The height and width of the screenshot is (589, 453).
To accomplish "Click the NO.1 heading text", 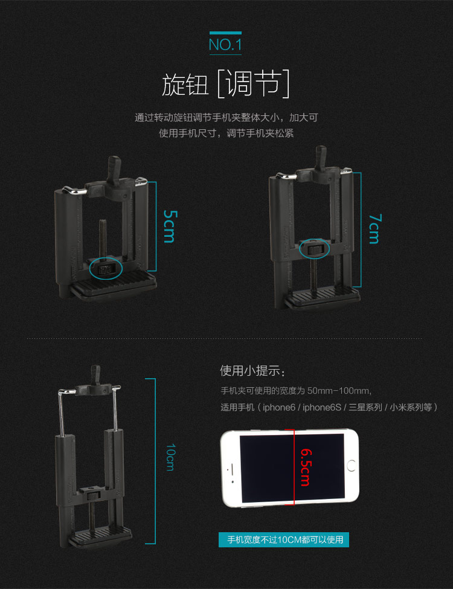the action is point(225,44).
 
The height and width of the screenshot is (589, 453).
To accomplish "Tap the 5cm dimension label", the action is point(170,226).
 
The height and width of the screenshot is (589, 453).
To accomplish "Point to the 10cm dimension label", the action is point(170,457).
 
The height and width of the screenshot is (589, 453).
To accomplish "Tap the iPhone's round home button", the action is point(352,466).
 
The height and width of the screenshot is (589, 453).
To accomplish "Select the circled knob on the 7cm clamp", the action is point(315,249).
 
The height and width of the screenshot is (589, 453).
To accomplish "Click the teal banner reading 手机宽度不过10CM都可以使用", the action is point(284,540).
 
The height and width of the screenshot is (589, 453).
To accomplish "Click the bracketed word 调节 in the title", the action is point(253,84).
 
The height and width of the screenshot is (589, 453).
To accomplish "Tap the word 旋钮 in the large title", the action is point(185,84).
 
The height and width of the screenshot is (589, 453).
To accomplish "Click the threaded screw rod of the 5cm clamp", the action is point(103,238).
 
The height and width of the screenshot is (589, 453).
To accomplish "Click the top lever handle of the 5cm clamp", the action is point(114,169).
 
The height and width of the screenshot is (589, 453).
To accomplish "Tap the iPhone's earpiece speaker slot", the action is point(232,468).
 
